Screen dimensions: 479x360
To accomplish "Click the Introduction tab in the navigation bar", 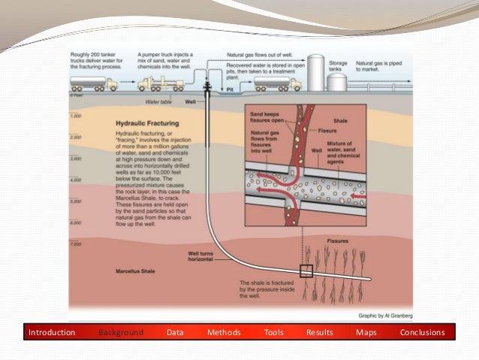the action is (52, 332).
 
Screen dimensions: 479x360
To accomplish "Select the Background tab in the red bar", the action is (120, 332).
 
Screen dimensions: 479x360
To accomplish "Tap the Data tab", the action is (175, 332).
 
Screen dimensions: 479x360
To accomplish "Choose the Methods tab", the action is (224, 332).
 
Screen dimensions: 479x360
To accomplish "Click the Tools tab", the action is (273, 332).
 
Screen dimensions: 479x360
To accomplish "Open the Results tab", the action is (319, 332).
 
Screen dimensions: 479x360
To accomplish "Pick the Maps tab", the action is (366, 332).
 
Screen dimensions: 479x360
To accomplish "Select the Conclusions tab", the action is (422, 332).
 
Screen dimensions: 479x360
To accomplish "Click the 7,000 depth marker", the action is (74, 245).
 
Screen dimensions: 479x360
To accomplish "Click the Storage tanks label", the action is (337, 68).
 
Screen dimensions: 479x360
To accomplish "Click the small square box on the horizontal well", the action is (306, 272).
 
